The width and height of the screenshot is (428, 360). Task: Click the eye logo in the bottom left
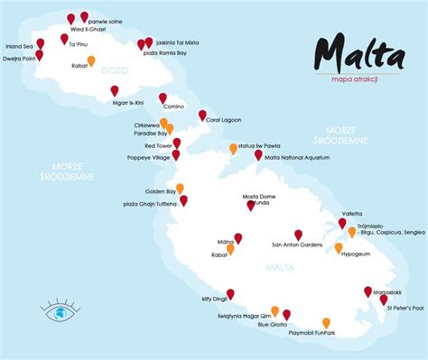point(59,311)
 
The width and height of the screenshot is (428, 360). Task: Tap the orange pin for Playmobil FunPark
point(326,322)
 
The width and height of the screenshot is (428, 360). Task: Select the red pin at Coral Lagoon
point(202,115)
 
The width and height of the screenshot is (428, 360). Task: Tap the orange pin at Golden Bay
point(180,188)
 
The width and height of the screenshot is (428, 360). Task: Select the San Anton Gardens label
point(296,244)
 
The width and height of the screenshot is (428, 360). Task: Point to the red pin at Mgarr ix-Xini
point(115,89)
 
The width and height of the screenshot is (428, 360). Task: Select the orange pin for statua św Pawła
point(233,148)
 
